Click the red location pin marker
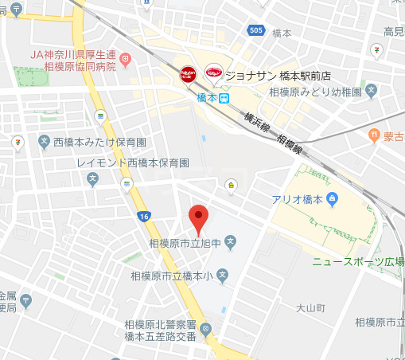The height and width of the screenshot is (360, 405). pos(197,216)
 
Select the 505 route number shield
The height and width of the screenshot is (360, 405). pos(255,31)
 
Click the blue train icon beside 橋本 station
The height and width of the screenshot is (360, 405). pos(224,98)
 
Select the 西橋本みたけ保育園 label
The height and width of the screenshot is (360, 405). pos(99,142)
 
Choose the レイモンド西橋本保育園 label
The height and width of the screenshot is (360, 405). pos(133,162)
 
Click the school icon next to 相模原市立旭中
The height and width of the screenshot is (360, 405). pos(231,240)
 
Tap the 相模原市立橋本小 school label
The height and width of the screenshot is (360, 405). pos(173,276)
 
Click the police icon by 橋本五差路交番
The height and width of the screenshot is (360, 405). pos(206,329)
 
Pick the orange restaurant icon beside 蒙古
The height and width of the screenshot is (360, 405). pos(374,136)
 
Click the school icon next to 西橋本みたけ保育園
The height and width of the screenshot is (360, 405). pos(45,142)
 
